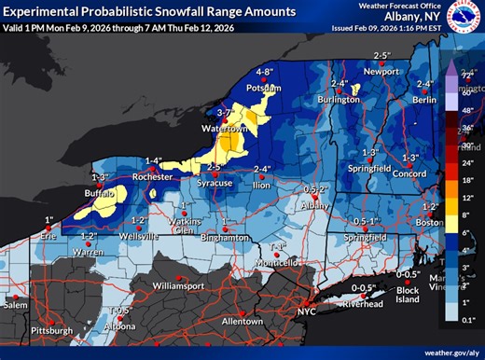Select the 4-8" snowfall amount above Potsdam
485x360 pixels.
(x=266, y=71)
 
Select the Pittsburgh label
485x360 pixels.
(x=50, y=330)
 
